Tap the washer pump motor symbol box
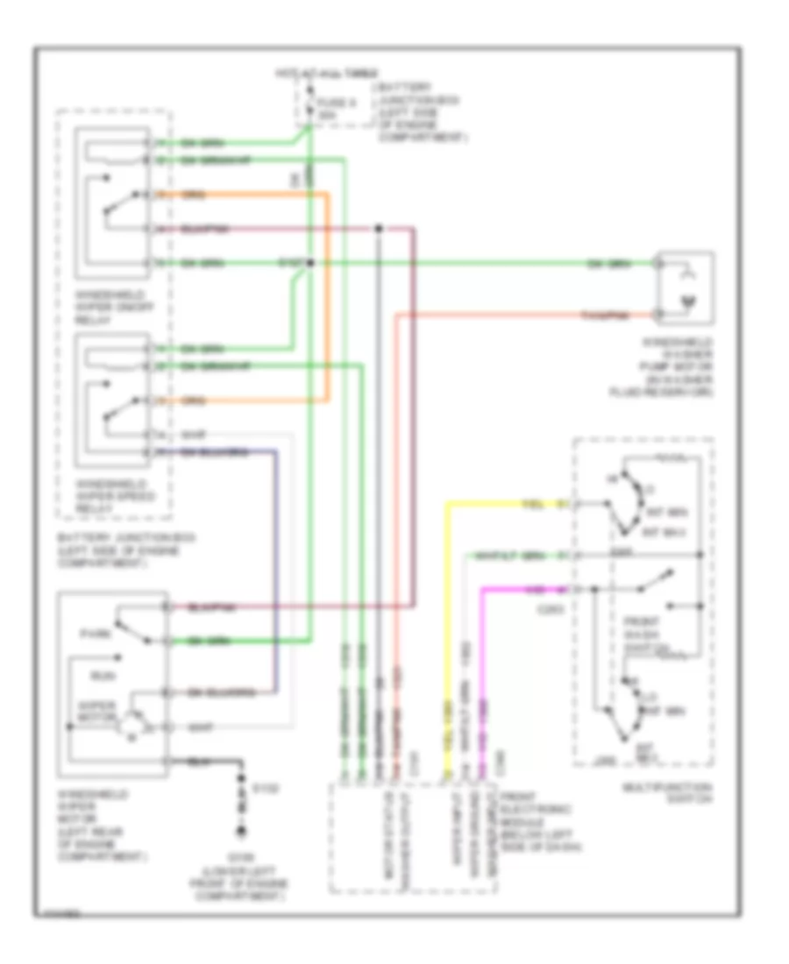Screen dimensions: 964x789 point(686,287)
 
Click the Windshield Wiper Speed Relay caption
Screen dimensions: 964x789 point(113,495)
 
